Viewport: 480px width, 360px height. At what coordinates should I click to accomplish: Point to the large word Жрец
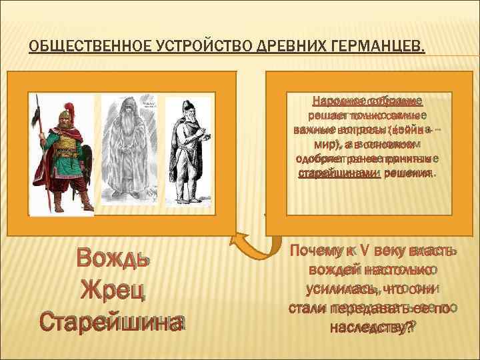(111, 290)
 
